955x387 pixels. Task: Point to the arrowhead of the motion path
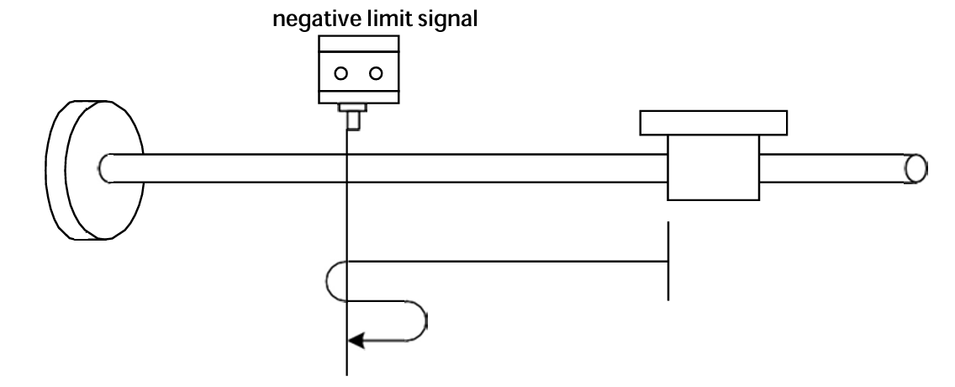click(x=356, y=340)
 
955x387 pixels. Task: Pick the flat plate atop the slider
click(x=714, y=123)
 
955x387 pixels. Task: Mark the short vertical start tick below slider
click(x=668, y=261)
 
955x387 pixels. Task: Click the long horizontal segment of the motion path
click(x=504, y=261)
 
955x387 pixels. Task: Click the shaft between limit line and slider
click(x=504, y=167)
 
